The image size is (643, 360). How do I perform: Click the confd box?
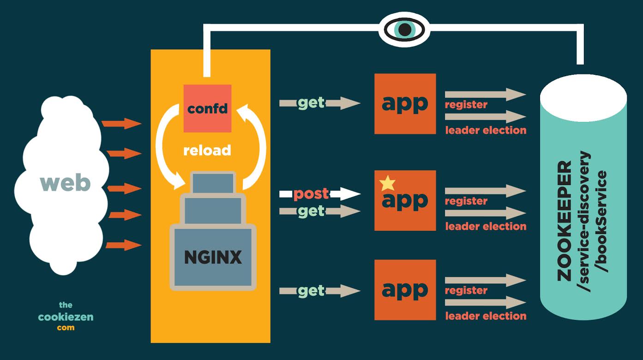(x=207, y=108)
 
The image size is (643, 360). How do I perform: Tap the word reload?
(x=207, y=150)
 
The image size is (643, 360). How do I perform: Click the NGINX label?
(x=213, y=257)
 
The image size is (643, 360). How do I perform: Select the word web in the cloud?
(x=65, y=183)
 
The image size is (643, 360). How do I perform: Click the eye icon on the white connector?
(x=404, y=30)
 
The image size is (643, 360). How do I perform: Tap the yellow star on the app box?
(x=387, y=183)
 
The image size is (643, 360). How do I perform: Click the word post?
(x=311, y=193)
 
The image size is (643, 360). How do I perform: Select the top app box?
(x=405, y=104)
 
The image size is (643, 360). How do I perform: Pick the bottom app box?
(x=405, y=290)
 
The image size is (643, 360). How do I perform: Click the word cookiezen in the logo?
(x=66, y=317)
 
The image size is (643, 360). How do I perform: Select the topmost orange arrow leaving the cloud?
(x=121, y=123)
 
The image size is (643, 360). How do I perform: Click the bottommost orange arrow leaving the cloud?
(x=123, y=245)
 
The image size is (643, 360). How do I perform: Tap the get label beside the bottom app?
(x=311, y=291)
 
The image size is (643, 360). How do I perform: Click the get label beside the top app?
(x=311, y=103)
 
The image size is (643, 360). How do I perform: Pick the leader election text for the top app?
(x=486, y=130)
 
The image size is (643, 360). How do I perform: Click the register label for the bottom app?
(x=466, y=290)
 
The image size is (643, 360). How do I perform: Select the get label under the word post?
(x=311, y=211)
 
